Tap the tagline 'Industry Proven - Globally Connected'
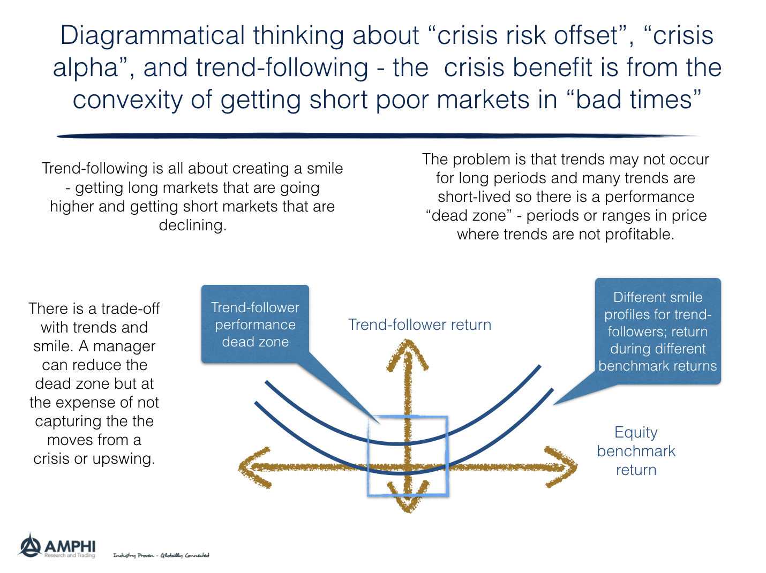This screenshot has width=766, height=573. [161, 555]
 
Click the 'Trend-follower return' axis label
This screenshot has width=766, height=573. [419, 325]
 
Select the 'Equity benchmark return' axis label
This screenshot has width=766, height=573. [636, 451]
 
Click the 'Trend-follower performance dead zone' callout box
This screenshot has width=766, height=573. [255, 325]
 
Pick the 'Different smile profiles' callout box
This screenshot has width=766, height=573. [657, 331]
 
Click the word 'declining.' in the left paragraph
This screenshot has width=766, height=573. [192, 225]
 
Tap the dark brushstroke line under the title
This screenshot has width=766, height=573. [375, 136]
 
